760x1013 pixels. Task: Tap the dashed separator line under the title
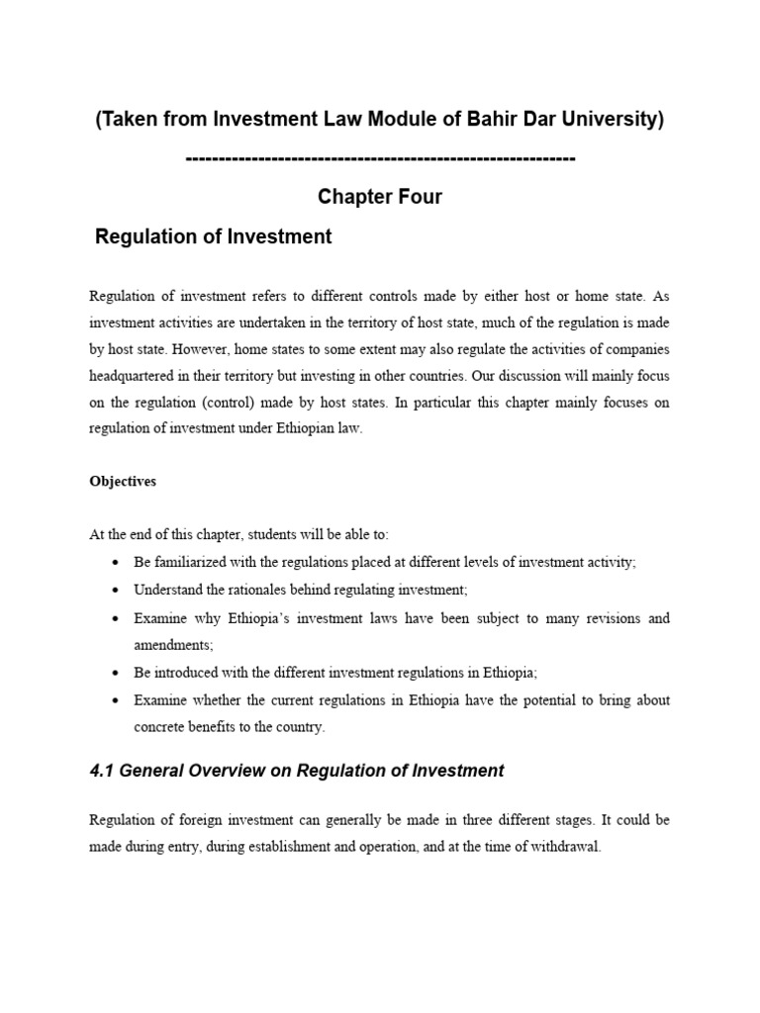[380, 158]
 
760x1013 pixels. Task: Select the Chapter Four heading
[380, 197]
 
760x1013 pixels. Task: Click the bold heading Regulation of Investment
[213, 237]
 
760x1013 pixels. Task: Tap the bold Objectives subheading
[123, 482]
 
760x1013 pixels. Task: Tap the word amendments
[173, 644]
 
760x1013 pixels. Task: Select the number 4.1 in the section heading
[103, 771]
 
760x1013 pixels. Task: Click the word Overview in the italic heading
[218, 771]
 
